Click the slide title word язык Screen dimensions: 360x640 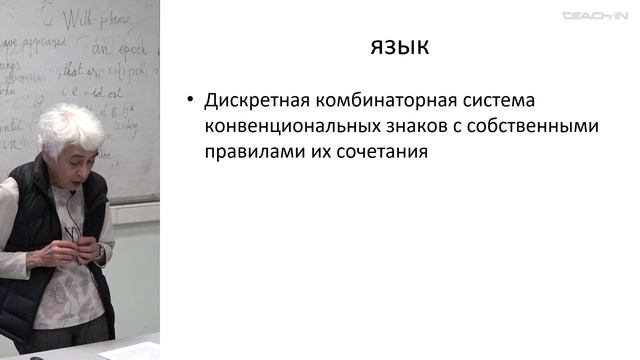point(399,47)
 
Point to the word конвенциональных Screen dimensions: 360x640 point(290,128)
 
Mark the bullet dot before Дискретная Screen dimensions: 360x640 point(187,102)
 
